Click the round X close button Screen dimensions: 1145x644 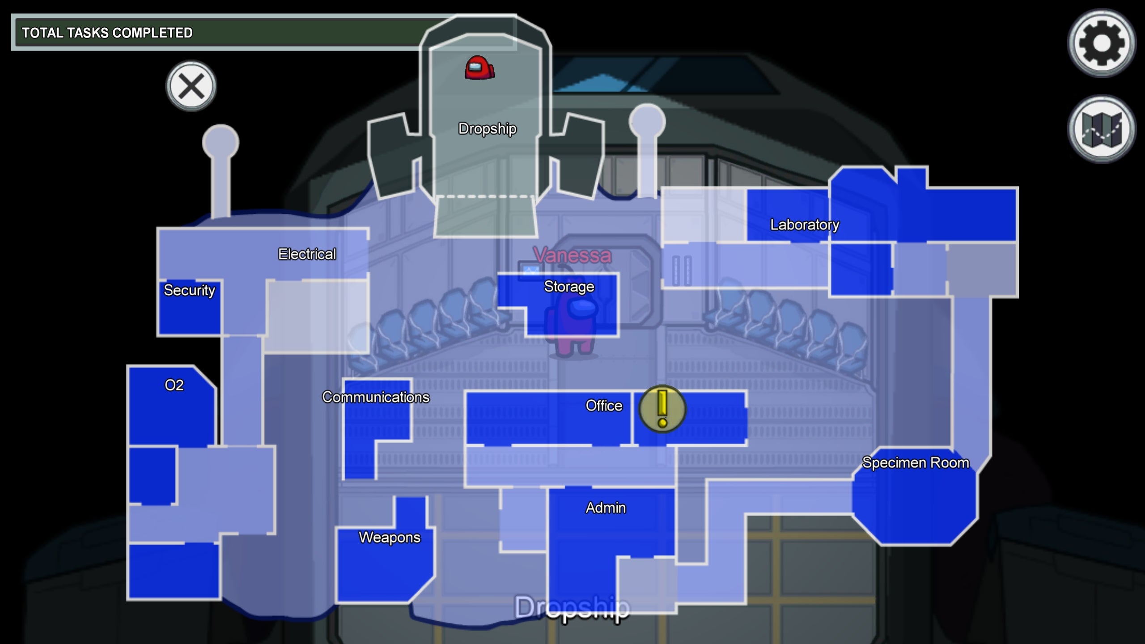tap(191, 86)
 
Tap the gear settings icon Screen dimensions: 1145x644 tap(1101, 43)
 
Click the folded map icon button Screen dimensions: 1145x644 tap(1101, 129)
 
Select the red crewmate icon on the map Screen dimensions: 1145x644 tap(479, 68)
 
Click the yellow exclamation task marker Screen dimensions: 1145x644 tap(662, 409)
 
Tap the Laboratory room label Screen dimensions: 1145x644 tap(805, 225)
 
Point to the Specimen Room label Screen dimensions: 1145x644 tap(916, 462)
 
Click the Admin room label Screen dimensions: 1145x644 tap(606, 508)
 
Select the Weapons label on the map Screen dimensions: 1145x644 tap(390, 537)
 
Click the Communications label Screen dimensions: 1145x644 tap(376, 397)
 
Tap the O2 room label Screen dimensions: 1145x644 tap(174, 385)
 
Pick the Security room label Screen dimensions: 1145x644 tap(189, 290)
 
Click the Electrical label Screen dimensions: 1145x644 tap(307, 254)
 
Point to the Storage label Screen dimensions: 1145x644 tap(569, 287)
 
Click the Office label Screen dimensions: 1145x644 tap(604, 406)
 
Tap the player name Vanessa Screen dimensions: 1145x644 tap(572, 255)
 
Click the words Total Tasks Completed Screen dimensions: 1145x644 tap(107, 33)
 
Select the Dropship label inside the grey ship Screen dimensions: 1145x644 tap(488, 129)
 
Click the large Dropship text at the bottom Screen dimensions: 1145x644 tap(572, 607)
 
